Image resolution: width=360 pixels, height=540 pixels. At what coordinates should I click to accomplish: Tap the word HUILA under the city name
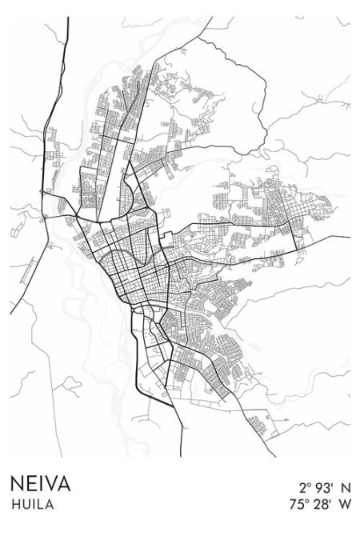click(x=30, y=505)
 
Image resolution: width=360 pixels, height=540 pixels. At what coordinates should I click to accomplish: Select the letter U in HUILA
click(x=24, y=505)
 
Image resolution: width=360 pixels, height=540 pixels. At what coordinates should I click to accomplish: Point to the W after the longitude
click(x=345, y=505)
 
